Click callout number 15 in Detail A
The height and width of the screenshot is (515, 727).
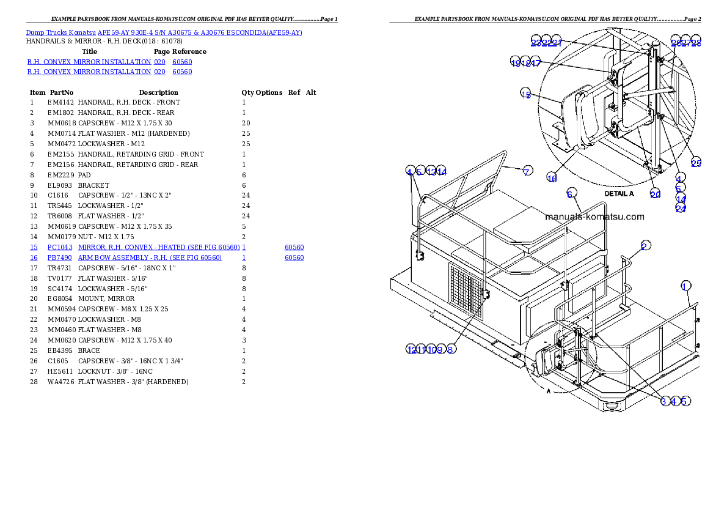[526, 93]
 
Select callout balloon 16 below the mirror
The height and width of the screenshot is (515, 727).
[552, 178]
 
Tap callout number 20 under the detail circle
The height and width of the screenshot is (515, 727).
[655, 194]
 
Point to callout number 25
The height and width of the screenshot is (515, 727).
[696, 163]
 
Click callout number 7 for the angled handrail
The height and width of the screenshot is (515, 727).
[527, 171]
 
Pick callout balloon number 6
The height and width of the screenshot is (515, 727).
[571, 193]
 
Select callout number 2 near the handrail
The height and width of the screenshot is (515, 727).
[645, 246]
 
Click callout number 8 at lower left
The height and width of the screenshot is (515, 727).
[450, 349]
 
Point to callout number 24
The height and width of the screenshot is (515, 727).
[681, 208]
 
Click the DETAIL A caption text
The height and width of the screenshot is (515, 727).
[619, 193]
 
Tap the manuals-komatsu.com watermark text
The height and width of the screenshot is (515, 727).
[594, 217]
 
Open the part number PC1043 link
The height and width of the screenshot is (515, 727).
[60, 247]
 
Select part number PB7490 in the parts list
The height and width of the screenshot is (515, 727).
[60, 258]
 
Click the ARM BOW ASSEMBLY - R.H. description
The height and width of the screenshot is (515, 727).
[150, 258]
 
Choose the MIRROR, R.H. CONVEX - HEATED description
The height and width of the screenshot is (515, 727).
[159, 247]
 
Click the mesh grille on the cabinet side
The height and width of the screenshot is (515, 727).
[466, 292]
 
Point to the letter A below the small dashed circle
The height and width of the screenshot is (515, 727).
[549, 392]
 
